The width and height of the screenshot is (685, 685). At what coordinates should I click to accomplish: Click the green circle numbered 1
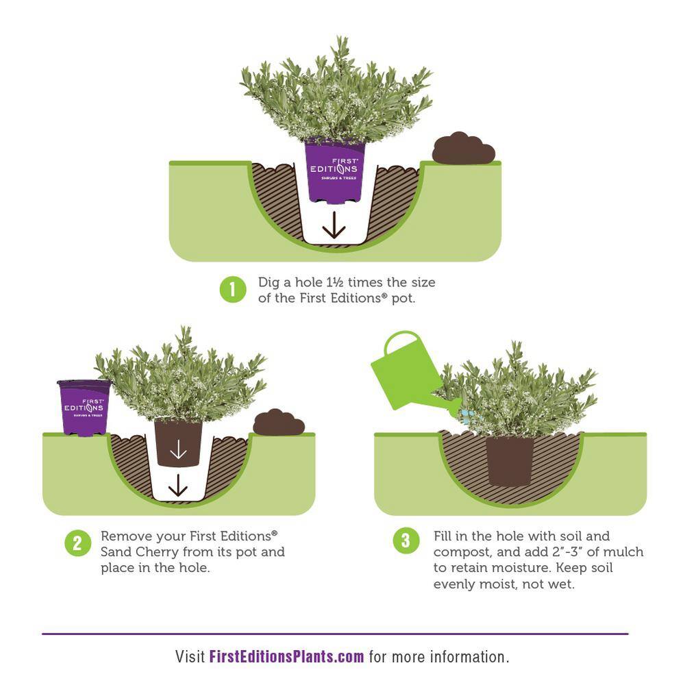point(233,289)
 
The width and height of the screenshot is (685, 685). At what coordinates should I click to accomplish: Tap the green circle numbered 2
point(78,543)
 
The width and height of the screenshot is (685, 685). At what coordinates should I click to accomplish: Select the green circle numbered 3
point(406,540)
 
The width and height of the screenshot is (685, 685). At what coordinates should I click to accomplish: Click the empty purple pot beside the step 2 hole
point(84,408)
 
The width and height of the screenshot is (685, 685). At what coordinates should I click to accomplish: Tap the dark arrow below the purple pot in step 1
point(334,225)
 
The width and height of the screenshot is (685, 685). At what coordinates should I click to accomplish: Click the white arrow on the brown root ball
point(178,449)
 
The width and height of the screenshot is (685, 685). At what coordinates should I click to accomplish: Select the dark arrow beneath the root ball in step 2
point(178,486)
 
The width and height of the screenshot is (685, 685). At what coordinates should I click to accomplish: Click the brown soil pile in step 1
point(464,149)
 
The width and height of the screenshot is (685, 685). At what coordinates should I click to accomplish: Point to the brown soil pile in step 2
point(279,423)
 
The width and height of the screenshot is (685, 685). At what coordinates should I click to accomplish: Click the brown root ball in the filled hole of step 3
point(510,461)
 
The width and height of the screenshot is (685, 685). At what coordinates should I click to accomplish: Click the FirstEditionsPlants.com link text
point(286,657)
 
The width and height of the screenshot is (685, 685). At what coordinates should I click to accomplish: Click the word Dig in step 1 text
point(269,283)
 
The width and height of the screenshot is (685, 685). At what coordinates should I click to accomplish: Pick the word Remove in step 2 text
point(127,536)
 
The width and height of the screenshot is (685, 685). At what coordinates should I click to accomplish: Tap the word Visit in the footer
point(190,657)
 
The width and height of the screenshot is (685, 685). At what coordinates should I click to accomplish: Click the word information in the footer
point(470,657)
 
